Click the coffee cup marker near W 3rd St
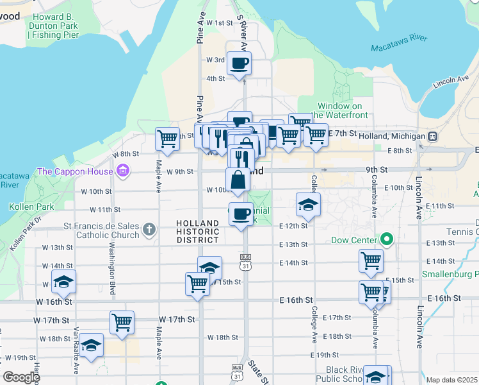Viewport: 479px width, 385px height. (x=239, y=64)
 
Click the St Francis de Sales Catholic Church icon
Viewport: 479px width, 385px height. (x=149, y=228)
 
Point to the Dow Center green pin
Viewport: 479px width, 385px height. (x=386, y=241)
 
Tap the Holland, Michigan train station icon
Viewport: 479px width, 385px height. (x=433, y=137)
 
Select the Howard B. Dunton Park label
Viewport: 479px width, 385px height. (x=54, y=26)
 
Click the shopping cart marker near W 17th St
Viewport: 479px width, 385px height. (x=122, y=323)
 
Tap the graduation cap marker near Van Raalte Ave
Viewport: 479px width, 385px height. (x=92, y=346)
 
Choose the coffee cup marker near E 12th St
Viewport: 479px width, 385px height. (x=241, y=214)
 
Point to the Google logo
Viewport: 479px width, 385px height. (x=20, y=377)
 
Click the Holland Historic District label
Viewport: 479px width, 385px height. (x=198, y=231)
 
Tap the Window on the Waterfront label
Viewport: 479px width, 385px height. (x=339, y=110)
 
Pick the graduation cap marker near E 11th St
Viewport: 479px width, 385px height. (x=308, y=205)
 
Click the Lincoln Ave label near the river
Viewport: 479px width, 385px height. (x=451, y=82)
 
